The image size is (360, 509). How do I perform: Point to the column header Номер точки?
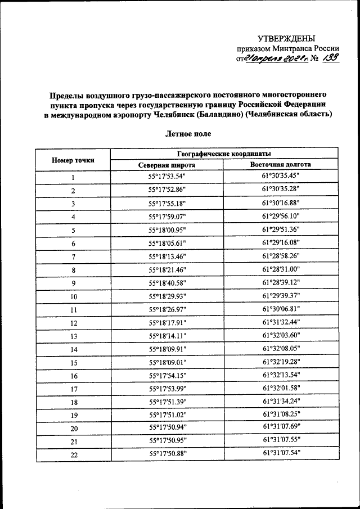pos(73,159)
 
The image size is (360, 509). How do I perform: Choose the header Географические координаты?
pos(224,153)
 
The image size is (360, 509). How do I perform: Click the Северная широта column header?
pos(167,165)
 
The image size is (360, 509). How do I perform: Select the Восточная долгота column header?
pos(281,165)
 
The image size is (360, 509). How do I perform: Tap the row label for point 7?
pos(73,256)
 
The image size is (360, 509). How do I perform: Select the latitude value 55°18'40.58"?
pos(167,282)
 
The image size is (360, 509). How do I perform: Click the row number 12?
pos(73,323)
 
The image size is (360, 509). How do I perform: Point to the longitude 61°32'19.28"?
pos(281,362)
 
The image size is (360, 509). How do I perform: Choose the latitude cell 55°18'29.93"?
pos(167,296)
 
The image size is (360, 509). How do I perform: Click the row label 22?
pos(73,454)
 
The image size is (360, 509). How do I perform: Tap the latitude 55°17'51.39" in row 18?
pos(167,402)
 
